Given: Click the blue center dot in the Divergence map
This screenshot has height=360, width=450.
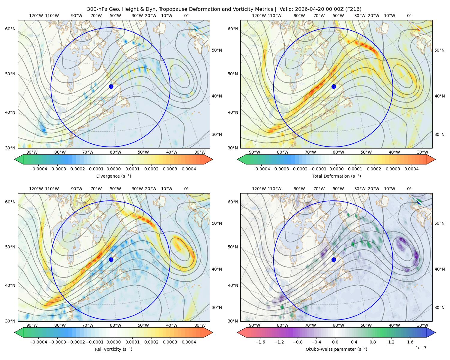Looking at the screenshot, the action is click(x=111, y=86).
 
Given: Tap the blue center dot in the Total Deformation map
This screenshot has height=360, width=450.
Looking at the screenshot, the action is click(x=334, y=86).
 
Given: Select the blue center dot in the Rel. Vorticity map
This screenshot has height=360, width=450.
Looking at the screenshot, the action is click(x=111, y=259).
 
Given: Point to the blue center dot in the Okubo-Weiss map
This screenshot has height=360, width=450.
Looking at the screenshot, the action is click(x=334, y=259).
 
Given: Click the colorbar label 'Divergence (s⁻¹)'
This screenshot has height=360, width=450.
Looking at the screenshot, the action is click(x=113, y=176).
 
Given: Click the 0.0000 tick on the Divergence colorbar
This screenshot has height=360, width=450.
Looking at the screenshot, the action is click(x=113, y=169).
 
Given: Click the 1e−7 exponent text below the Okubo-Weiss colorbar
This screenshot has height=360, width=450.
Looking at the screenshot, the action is click(x=421, y=348).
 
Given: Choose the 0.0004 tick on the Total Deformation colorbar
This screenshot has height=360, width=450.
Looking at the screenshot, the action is click(x=411, y=169).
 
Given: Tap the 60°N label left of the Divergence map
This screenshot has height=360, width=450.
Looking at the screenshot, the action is click(x=10, y=29).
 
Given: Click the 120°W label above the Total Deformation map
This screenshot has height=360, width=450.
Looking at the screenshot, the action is click(x=259, y=16).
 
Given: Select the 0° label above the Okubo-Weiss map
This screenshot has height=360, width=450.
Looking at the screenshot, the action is click(x=409, y=188).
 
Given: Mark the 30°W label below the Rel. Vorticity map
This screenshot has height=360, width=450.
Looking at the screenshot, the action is click(x=200, y=325).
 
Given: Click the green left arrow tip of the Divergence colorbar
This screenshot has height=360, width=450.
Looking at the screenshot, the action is click(x=15, y=159).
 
